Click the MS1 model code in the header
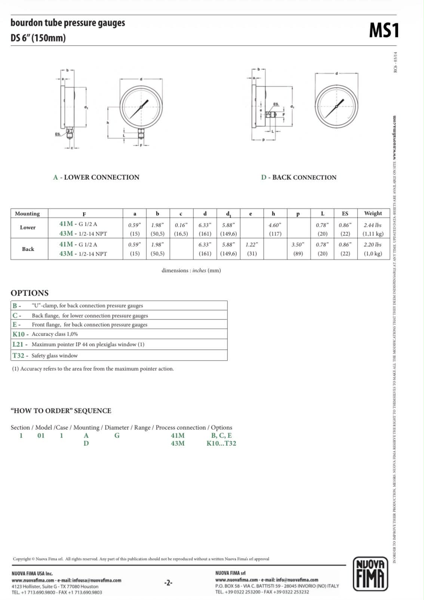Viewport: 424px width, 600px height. pyautogui.click(x=384, y=30)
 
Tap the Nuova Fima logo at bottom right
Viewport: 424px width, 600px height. pyautogui.click(x=370, y=573)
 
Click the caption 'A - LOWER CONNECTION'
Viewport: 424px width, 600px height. pyautogui.click(x=96, y=177)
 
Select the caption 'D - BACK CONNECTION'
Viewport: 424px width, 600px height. pyautogui.click(x=299, y=177)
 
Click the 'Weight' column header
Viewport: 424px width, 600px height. pyautogui.click(x=373, y=213)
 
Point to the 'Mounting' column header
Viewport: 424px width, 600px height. pyautogui.click(x=27, y=214)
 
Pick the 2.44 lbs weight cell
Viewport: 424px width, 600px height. pyautogui.click(x=372, y=225)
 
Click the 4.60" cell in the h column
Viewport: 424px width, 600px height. pyautogui.click(x=275, y=225)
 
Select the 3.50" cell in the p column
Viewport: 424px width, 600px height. pyautogui.click(x=298, y=245)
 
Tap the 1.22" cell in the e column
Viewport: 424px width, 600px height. pyautogui.click(x=252, y=245)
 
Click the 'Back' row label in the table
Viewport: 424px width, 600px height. pyautogui.click(x=28, y=249)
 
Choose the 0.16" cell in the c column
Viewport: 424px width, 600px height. pyautogui.click(x=181, y=225)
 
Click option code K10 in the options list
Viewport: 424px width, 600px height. pyautogui.click(x=18, y=334)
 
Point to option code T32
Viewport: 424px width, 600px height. pyautogui.click(x=18, y=356)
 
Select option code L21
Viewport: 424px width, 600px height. pyautogui.click(x=18, y=344)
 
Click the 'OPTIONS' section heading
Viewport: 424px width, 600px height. pyautogui.click(x=30, y=293)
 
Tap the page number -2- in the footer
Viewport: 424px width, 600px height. pyautogui.click(x=168, y=582)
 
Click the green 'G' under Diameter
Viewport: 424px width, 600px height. pyautogui.click(x=117, y=436)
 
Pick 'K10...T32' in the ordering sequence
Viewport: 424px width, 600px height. pyautogui.click(x=221, y=443)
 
